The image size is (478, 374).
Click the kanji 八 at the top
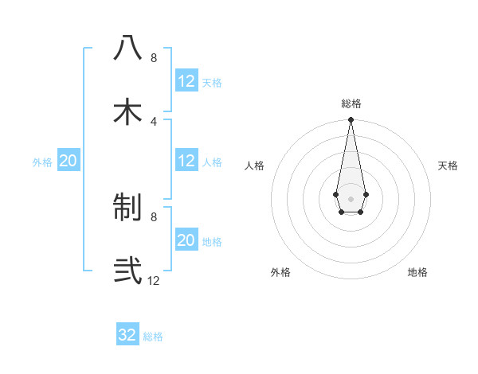coord(127,49)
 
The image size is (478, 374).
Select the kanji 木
coord(127,112)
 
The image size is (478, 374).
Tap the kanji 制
coord(127,208)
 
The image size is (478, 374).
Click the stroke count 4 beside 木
coord(154,122)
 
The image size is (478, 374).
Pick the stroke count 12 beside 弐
coord(154,281)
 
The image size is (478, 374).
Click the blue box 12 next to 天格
coord(186,81)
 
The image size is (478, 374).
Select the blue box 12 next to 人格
coord(186,161)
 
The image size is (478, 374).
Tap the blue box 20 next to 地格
coord(186,240)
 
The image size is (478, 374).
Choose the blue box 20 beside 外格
coord(69,161)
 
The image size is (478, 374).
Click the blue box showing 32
coord(127,335)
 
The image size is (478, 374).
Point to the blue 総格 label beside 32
coord(153,337)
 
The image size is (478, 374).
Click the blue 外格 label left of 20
coord(42,162)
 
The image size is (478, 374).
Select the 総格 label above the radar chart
coord(351,103)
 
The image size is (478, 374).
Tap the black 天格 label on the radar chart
coord(449,166)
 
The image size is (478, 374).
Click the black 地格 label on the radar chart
coord(417,272)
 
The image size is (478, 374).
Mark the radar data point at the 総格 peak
coord(351,120)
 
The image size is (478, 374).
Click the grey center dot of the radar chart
coord(351,197)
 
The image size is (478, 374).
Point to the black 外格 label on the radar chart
coord(280,272)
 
